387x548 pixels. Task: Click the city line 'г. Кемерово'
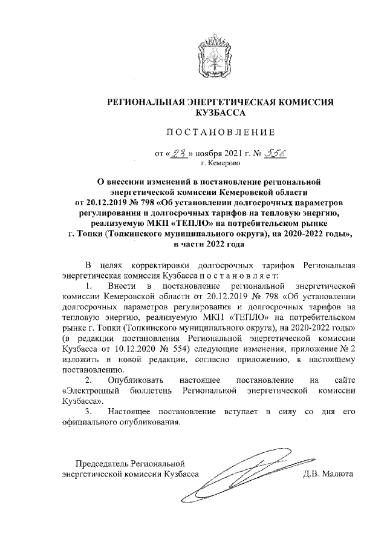coord(220,163)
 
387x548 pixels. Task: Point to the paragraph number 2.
coord(88,380)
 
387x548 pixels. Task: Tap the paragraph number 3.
coord(88,412)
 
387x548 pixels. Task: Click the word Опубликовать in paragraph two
coord(135,380)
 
